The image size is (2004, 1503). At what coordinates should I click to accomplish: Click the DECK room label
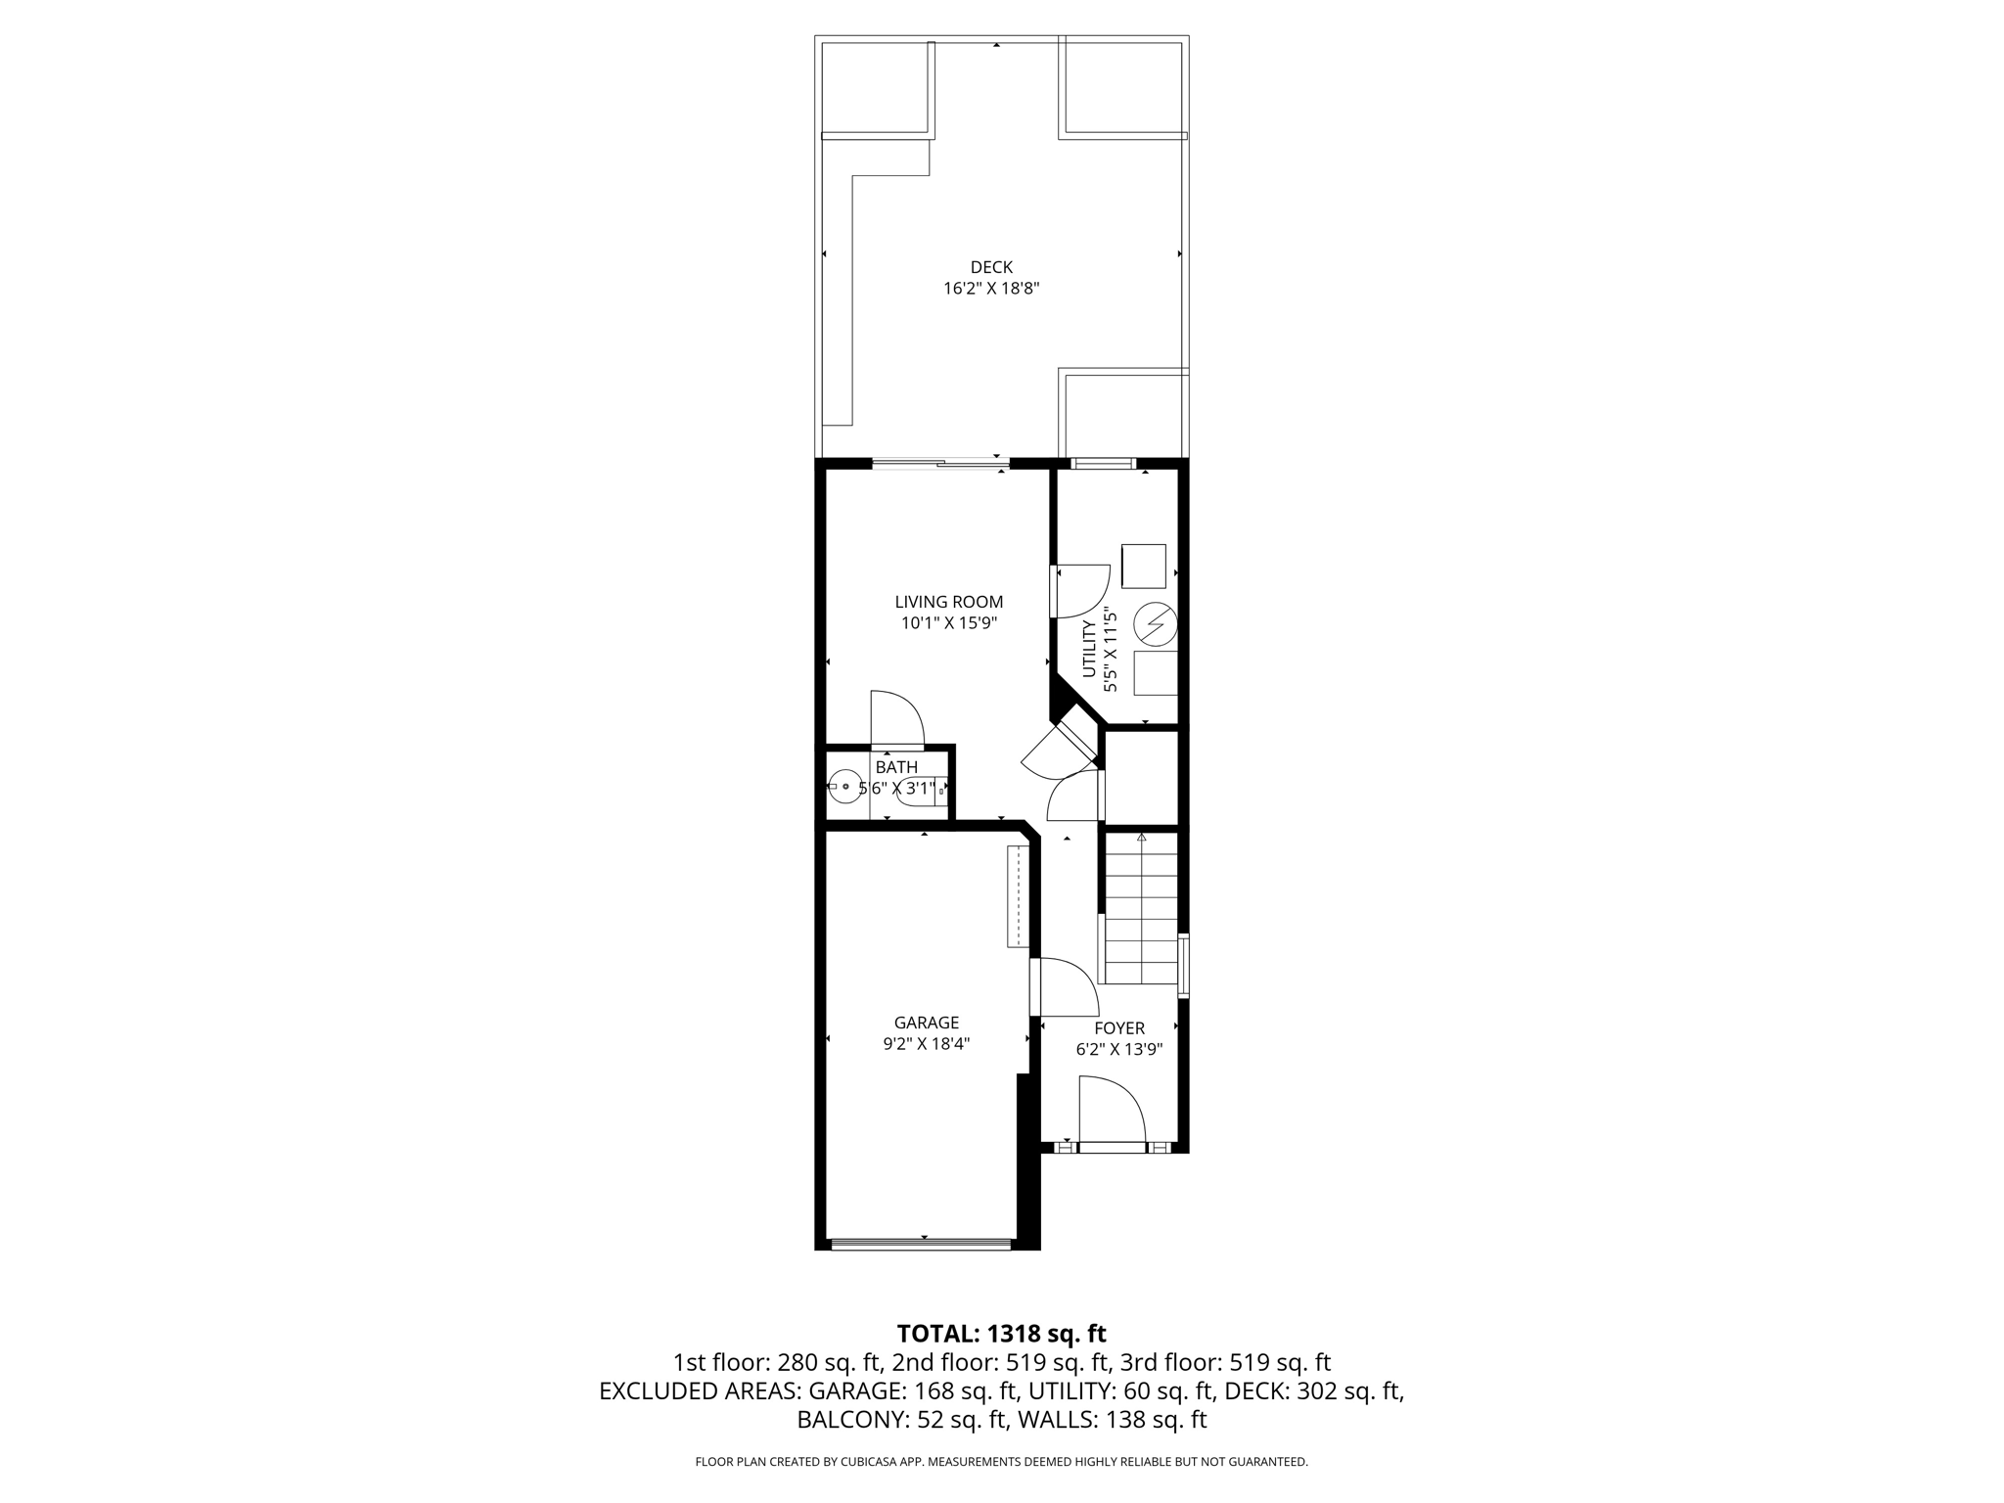[x=991, y=267]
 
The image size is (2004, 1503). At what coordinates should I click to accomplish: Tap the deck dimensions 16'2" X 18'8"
[x=991, y=289]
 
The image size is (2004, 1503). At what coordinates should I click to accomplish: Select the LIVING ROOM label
[x=949, y=602]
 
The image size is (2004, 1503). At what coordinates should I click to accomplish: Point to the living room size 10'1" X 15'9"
[x=949, y=623]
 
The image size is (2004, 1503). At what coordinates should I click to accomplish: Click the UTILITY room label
[x=1089, y=649]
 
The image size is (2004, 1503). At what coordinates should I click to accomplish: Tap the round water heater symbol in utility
[x=1155, y=622]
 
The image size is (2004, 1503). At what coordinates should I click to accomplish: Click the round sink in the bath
[x=844, y=787]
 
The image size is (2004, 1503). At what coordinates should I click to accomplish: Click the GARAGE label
[x=926, y=1023]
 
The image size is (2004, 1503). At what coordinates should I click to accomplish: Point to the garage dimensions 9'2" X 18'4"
[x=926, y=1044]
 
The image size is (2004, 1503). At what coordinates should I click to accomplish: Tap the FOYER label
[x=1119, y=1028]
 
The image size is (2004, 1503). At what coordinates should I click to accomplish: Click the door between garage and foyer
[x=1065, y=986]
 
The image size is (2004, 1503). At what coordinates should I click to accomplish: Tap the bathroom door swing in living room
[x=896, y=718]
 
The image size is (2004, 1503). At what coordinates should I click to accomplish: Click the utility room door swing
[x=1081, y=591]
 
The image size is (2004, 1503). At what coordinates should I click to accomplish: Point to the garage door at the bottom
[x=920, y=1245]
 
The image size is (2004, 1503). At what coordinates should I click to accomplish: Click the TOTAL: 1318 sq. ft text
[x=1001, y=1334]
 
